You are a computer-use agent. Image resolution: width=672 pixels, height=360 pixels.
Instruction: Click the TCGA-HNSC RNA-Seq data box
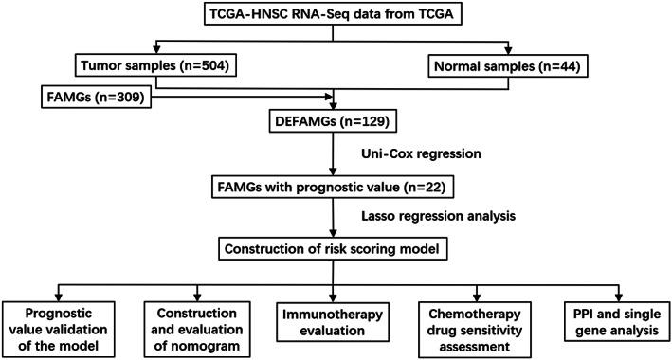point(336,17)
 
